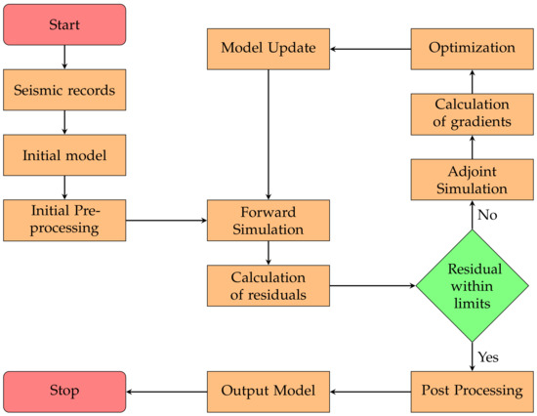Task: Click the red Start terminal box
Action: [64, 23]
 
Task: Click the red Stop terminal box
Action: [64, 392]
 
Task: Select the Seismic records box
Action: [64, 92]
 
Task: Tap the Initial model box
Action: [64, 155]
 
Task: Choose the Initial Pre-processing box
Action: [64, 220]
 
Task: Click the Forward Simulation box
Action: [268, 220]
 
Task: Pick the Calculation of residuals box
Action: [268, 285]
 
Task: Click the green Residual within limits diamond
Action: [473, 285]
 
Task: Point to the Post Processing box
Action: [473, 392]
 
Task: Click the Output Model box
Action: [268, 392]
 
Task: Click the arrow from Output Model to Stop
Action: [166, 392]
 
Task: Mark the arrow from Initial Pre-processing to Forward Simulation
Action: [166, 220]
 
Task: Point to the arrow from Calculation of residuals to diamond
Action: [370, 285]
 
